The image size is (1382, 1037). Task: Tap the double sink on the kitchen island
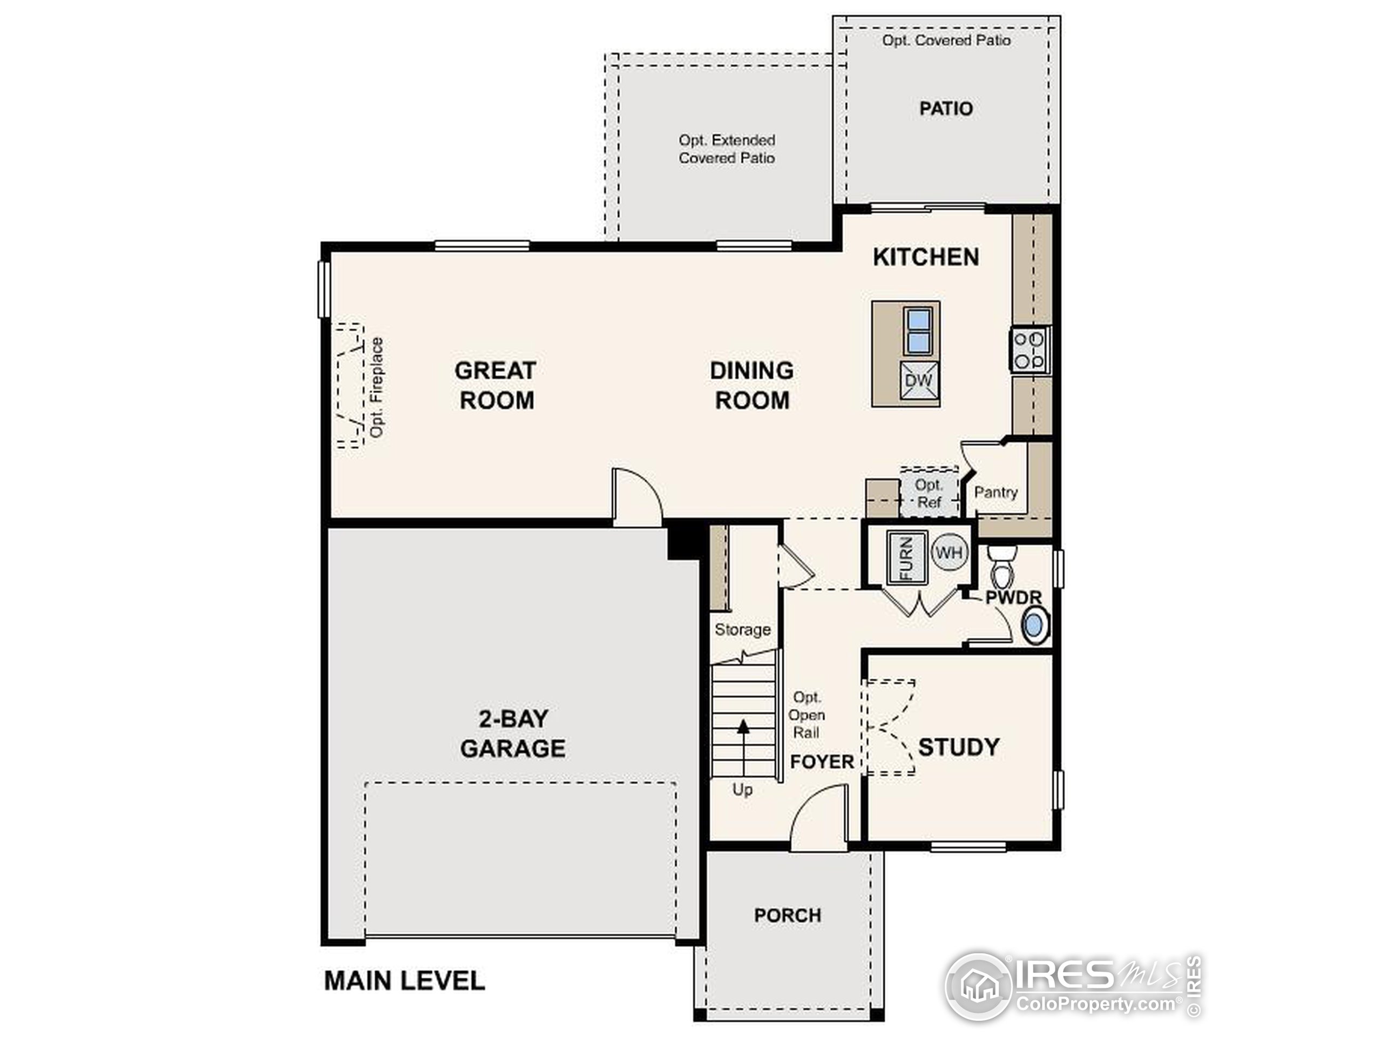point(918,331)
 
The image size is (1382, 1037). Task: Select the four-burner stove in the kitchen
point(1029,350)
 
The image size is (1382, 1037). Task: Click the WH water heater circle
point(949,553)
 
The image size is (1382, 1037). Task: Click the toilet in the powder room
point(1004,564)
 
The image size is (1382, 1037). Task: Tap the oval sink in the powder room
point(1035,625)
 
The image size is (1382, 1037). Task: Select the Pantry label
point(996,493)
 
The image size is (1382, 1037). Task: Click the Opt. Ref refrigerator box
point(929,492)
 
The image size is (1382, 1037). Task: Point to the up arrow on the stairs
point(743,748)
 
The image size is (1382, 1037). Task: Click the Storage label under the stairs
point(743,629)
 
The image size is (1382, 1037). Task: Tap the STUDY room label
point(959,747)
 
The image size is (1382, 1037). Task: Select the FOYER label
point(822,762)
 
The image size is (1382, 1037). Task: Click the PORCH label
point(788,915)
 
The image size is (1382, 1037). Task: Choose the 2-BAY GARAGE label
point(513,733)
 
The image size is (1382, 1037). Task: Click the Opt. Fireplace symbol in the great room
point(350,386)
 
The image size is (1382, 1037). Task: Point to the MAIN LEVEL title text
point(405,981)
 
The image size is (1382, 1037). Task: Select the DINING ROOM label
point(752,385)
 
